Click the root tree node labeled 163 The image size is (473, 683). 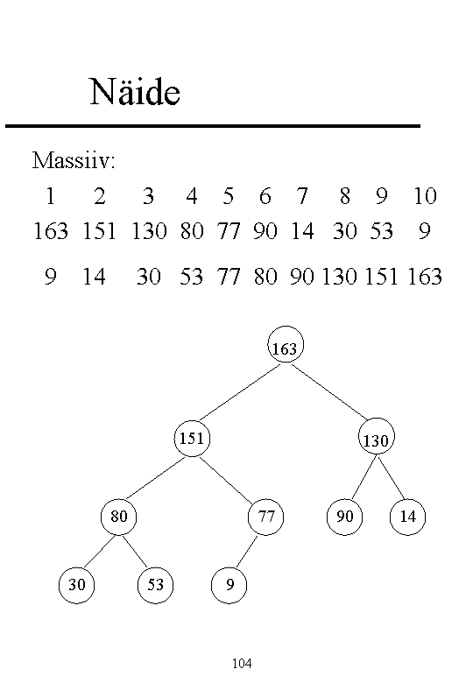286,344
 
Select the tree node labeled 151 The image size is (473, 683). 192,438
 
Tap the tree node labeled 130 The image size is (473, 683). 377,436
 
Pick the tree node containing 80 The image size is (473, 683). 118,517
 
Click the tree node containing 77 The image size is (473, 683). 265,517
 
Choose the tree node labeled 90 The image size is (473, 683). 344,517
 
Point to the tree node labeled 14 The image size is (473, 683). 407,517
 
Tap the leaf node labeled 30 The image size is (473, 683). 77,585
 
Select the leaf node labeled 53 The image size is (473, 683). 156,585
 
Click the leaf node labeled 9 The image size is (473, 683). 229,585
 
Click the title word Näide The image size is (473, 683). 135,91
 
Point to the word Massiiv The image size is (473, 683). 74,160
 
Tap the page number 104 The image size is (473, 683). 242,664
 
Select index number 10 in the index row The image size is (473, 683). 425,196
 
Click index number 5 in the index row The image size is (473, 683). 229,196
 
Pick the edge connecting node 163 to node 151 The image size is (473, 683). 240,392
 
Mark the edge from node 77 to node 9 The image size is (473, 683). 246,552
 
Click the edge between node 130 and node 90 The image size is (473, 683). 364,477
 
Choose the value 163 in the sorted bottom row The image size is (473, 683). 425,276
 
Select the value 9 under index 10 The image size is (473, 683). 425,231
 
